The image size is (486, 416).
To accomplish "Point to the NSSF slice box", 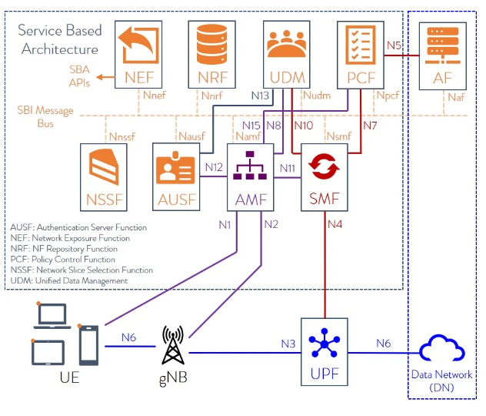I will [105, 176].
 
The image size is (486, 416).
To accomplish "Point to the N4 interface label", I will [335, 225].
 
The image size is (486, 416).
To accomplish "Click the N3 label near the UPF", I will [288, 343].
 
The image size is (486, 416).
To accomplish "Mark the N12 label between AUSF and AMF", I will [213, 166].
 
